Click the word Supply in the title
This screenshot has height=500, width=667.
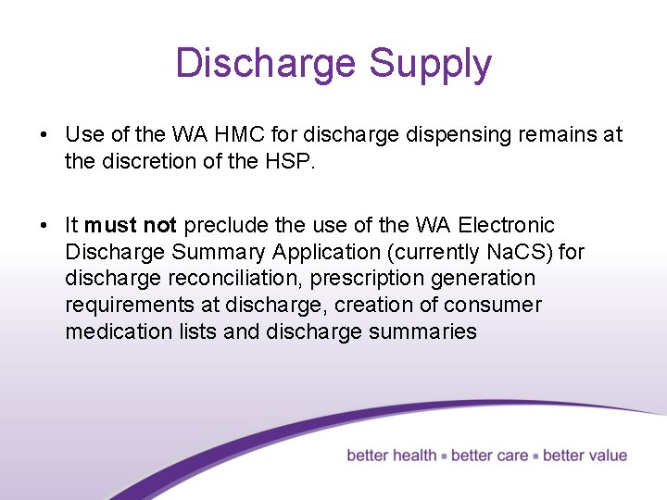430,65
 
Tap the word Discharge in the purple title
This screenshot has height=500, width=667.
266,63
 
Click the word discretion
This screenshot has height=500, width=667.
140,161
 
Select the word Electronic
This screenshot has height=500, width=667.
507,225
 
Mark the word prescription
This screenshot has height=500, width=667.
361,279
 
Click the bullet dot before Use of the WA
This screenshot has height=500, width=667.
44,135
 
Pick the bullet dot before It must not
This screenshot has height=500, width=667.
44,226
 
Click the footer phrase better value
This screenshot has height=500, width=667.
585,456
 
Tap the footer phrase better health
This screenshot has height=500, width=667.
392,456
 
